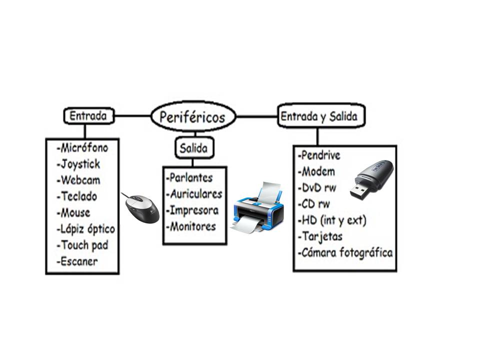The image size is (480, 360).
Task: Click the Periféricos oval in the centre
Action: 193,117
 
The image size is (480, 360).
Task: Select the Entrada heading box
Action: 88,116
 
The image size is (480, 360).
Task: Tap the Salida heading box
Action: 194,148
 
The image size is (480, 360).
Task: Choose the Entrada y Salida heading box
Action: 319,116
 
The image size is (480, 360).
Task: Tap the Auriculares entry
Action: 193,193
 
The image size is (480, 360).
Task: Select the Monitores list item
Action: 191,226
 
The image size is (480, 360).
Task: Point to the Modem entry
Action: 316,171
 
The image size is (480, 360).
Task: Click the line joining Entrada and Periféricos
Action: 132,116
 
